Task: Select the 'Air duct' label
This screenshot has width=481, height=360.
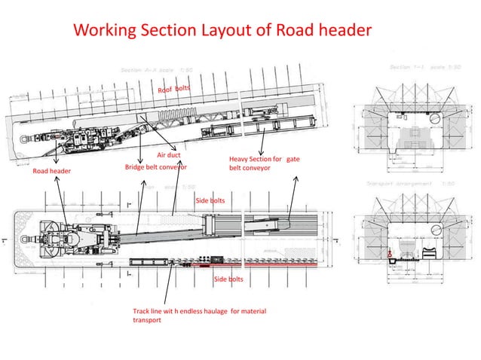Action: (167, 155)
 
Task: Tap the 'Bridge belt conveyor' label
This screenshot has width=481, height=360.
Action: (155, 166)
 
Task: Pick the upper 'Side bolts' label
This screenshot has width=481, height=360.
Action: (210, 201)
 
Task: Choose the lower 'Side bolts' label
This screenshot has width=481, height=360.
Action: (228, 279)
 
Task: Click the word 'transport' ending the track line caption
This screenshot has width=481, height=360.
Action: (147, 319)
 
